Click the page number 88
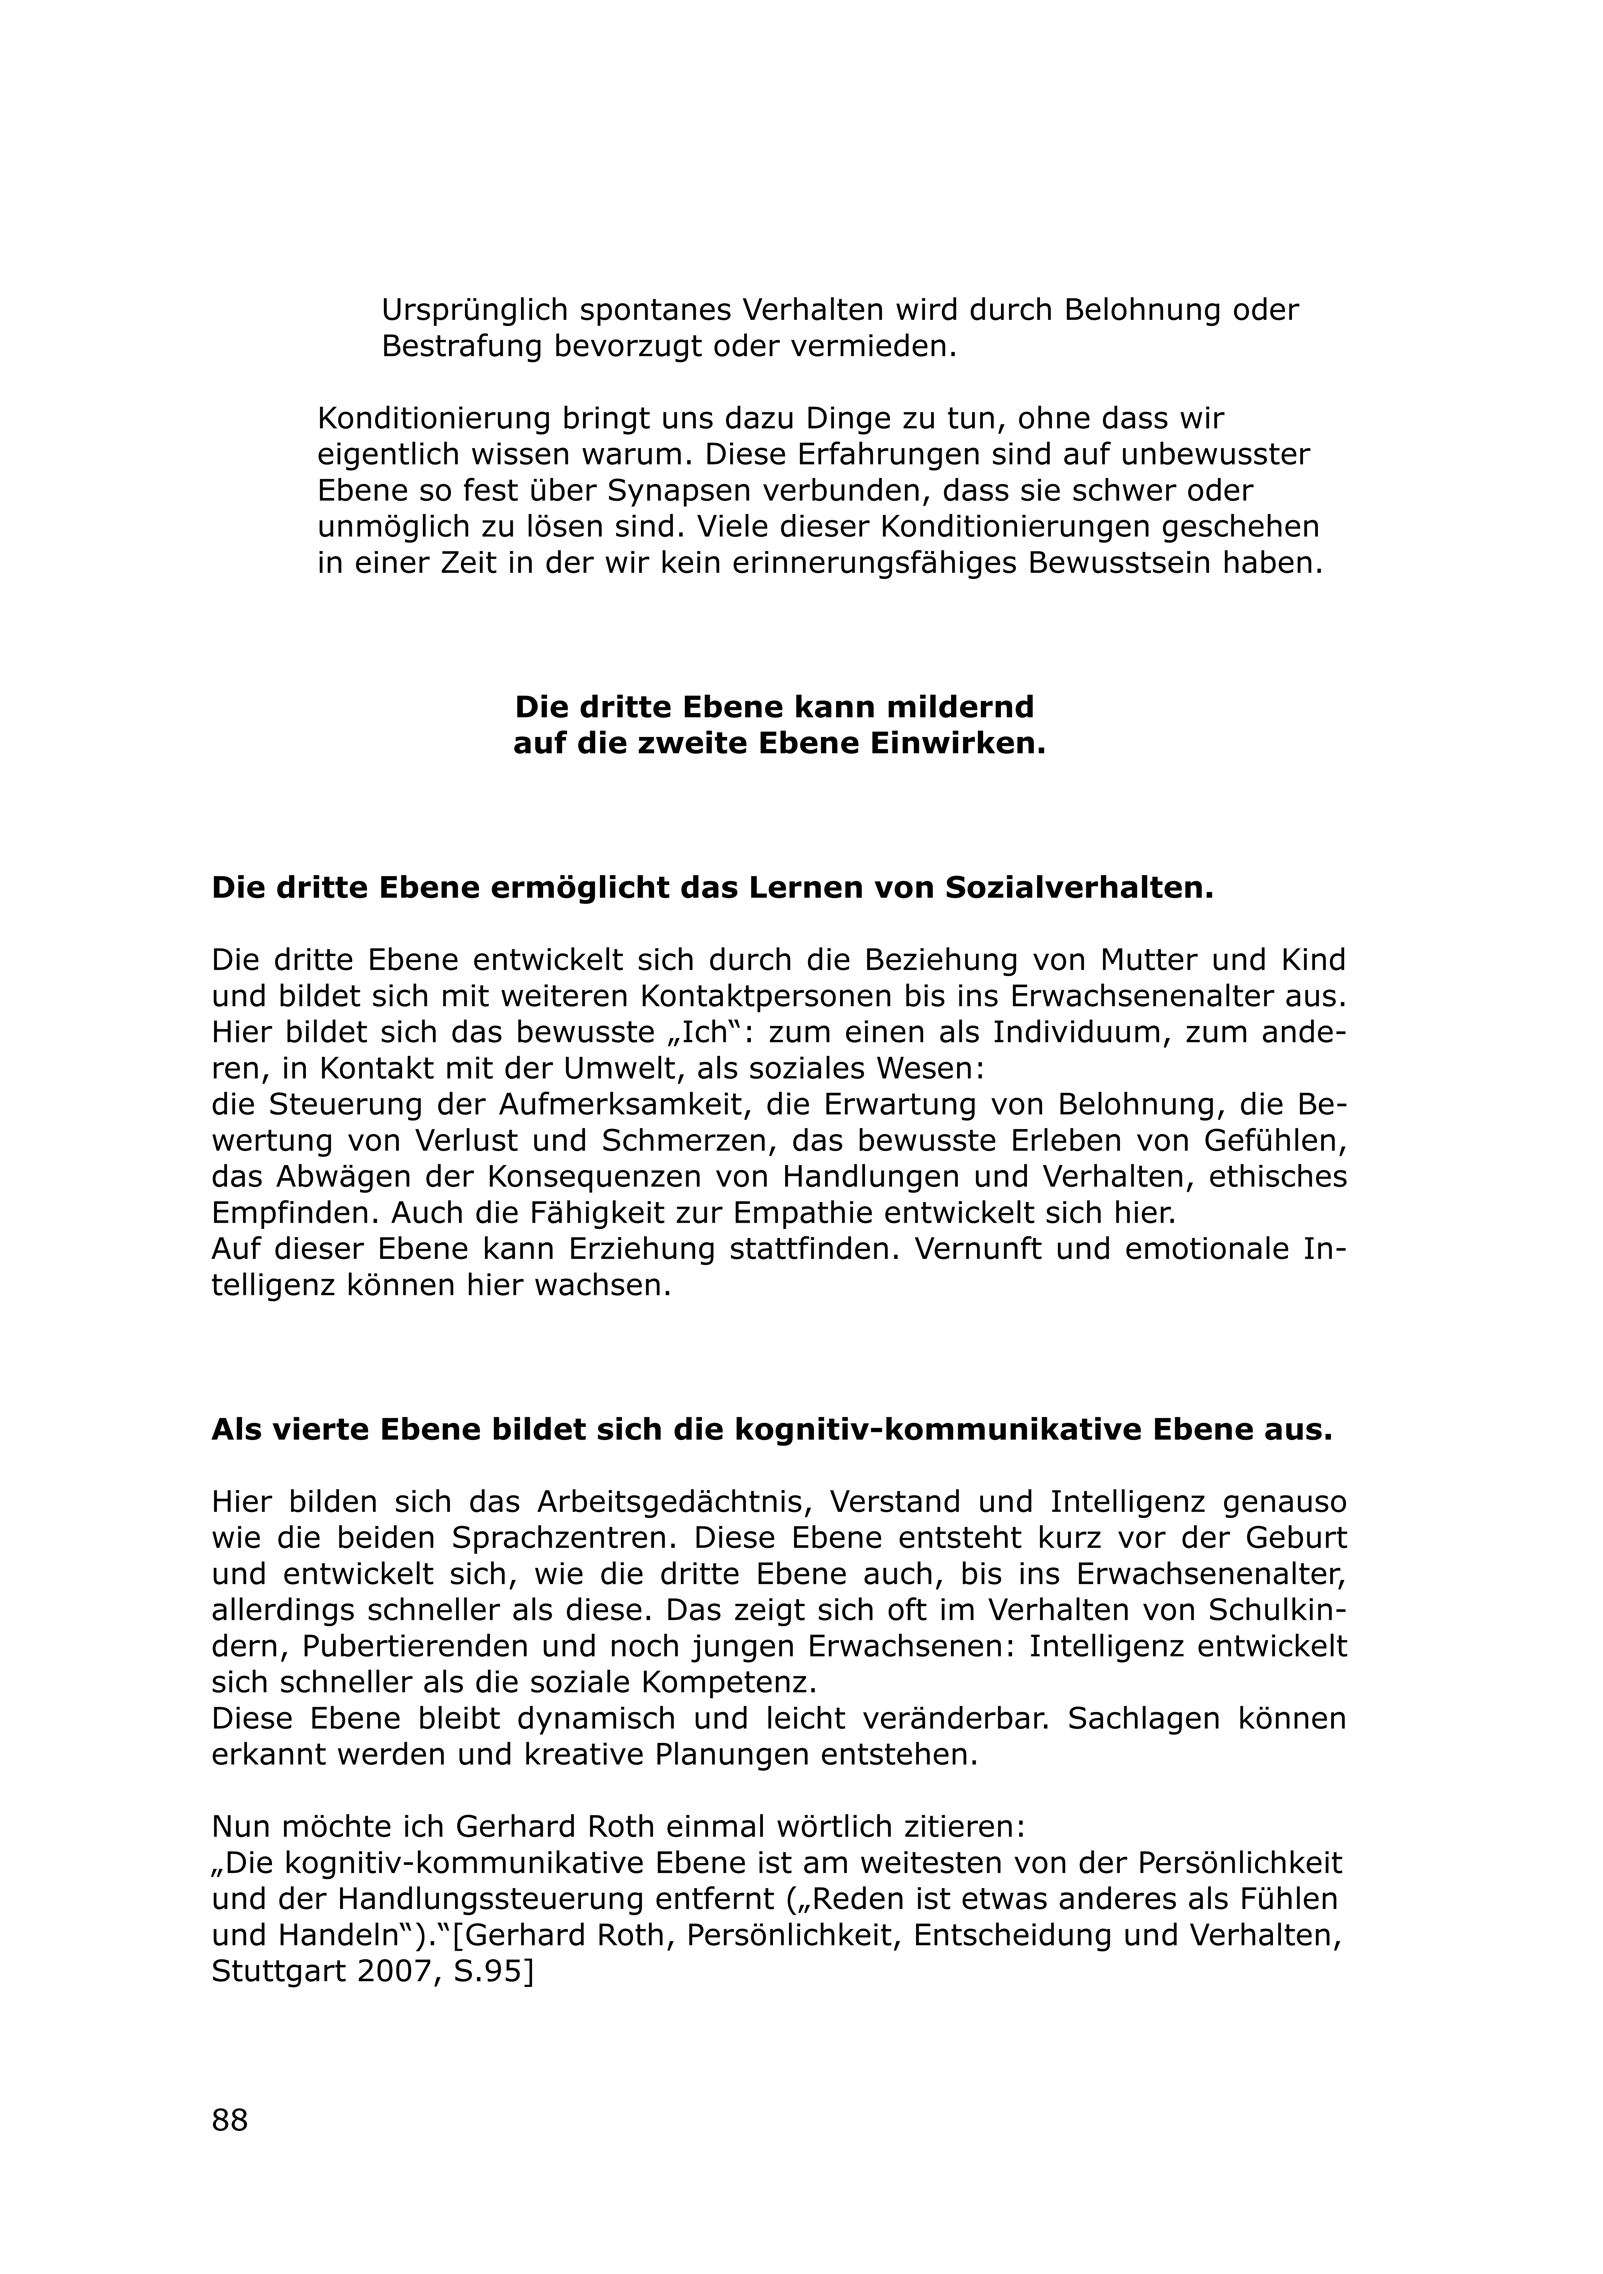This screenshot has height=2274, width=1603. [230, 2121]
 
